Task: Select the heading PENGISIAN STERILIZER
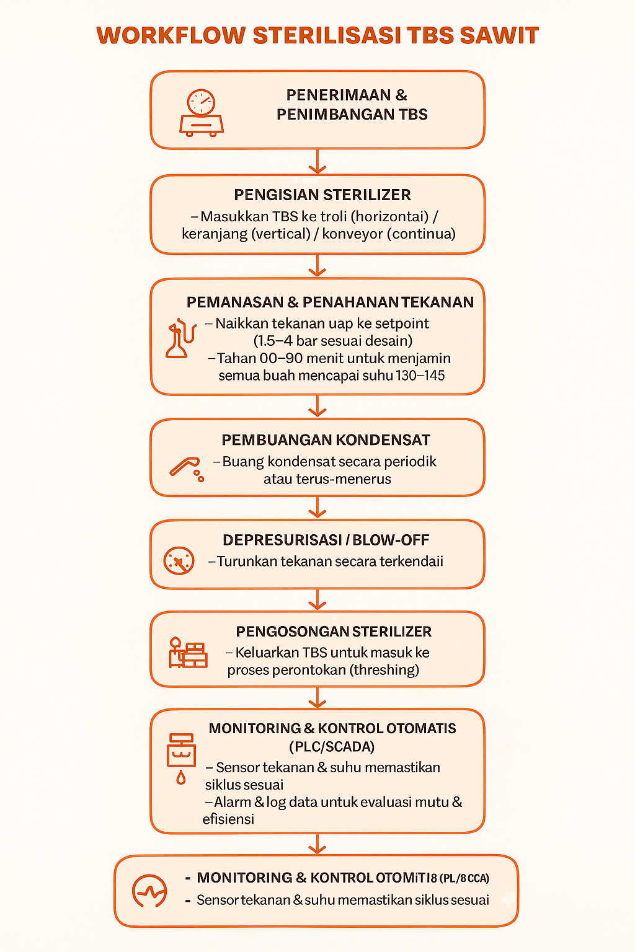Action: tap(322, 195)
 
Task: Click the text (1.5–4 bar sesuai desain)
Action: tap(332, 340)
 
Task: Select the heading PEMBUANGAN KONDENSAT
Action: tap(326, 440)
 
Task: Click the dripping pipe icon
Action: tap(187, 469)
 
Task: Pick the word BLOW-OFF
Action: tap(391, 540)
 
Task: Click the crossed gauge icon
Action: tap(179, 561)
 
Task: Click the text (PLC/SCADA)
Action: tap(332, 746)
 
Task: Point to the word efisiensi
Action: tap(228, 819)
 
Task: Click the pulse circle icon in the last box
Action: tap(149, 891)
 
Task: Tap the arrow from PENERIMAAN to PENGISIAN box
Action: tap(317, 162)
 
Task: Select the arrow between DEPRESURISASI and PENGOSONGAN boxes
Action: tap(317, 599)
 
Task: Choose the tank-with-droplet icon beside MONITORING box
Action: tap(181, 758)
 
